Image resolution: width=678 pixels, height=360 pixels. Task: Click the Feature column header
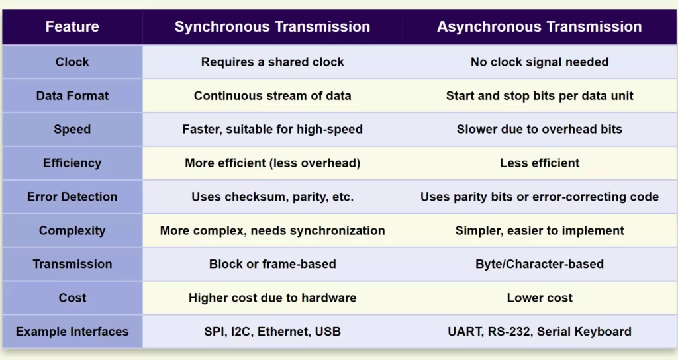72,27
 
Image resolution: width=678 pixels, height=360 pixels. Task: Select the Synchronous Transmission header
272,27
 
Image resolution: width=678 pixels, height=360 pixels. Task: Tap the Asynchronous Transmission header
539,27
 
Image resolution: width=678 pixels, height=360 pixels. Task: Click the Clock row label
72,62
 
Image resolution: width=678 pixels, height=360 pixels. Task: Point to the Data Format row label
72,95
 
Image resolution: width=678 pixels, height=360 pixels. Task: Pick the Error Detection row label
72,197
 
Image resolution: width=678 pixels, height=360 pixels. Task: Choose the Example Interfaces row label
72,332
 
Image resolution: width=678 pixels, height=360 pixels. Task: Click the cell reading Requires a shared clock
272,62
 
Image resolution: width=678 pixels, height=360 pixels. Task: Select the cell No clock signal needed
539,62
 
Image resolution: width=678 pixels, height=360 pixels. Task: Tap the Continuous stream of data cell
272,95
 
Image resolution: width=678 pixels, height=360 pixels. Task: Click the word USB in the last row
328,332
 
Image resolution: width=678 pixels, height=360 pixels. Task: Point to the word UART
463,332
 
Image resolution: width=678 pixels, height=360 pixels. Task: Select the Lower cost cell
539,298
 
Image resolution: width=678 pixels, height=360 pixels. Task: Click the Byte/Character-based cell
539,264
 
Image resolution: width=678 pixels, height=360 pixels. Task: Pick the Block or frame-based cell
272,264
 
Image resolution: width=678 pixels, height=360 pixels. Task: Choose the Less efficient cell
539,163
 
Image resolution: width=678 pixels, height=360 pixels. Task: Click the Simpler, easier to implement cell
539,230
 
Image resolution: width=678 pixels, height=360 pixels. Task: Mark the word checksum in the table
246,197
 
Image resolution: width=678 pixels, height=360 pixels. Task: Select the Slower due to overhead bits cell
539,129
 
